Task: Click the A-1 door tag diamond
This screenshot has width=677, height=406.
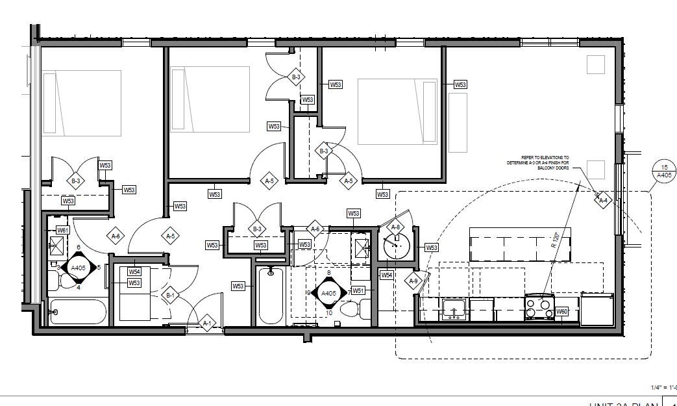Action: pos(208,323)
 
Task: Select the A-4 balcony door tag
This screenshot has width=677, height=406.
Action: pos(603,200)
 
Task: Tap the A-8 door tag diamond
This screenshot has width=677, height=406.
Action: pos(394,227)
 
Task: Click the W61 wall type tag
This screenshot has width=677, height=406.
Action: pos(63,230)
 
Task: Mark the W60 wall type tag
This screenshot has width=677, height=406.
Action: pos(562,312)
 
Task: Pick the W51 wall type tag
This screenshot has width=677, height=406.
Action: pos(358,290)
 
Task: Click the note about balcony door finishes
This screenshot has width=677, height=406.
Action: pos(538,162)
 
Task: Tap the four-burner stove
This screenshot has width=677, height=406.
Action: pos(539,307)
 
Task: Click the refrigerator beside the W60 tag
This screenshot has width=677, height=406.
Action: pos(597,310)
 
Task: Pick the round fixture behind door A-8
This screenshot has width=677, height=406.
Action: pos(395,246)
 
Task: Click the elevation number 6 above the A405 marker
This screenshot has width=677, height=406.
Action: pos(79,247)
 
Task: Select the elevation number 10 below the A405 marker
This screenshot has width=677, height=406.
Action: pos(329,312)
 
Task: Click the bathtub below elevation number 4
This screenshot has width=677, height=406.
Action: pos(78,312)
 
